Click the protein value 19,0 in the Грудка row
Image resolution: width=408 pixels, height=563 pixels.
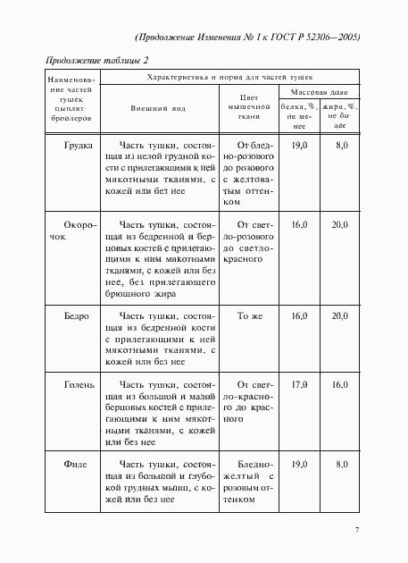pyautogui.click(x=299, y=145)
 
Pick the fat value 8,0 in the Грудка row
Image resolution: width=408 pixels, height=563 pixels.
pyautogui.click(x=340, y=145)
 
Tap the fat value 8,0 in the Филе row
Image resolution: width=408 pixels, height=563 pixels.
pyautogui.click(x=340, y=466)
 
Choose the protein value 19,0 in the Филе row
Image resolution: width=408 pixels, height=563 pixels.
pyautogui.click(x=299, y=466)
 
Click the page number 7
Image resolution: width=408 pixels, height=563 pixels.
pyautogui.click(x=355, y=531)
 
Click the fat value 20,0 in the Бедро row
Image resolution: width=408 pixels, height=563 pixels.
pyautogui.click(x=339, y=317)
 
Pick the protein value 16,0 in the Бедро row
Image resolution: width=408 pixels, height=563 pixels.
pyautogui.click(x=299, y=317)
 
